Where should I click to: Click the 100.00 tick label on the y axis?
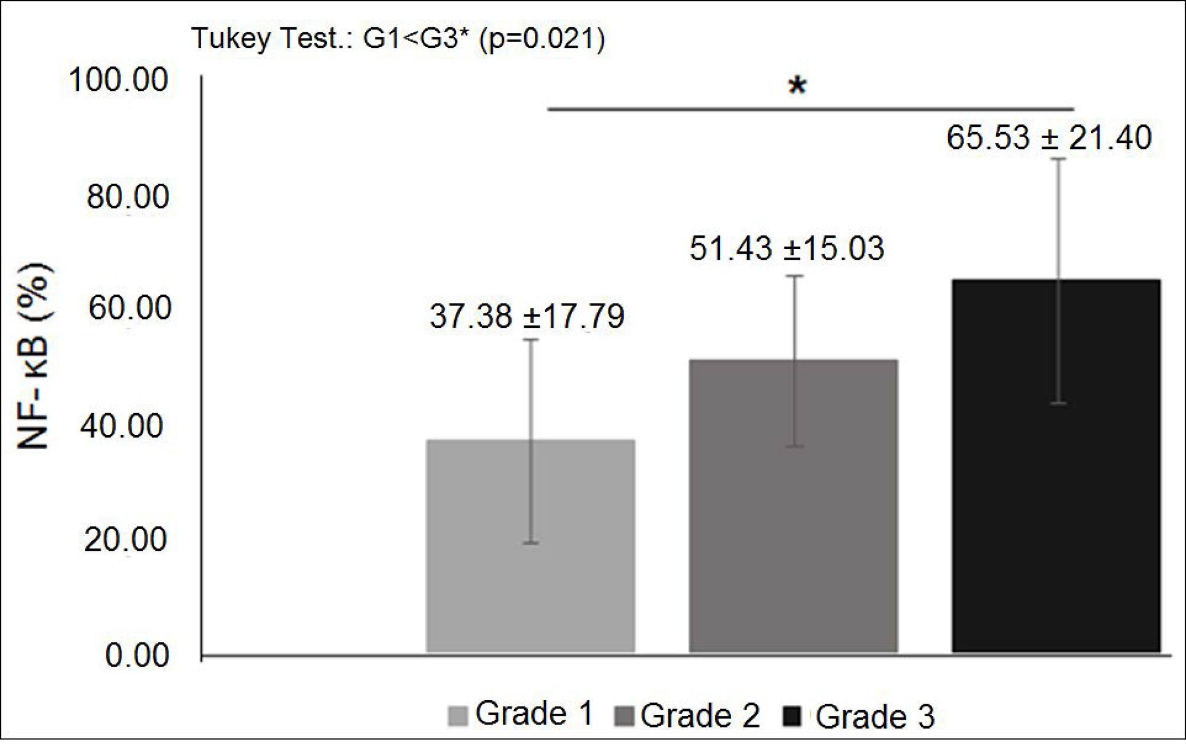point(119,79)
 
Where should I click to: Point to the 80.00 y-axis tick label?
point(127,197)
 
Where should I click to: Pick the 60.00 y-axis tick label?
point(130,308)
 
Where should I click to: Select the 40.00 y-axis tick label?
point(122,426)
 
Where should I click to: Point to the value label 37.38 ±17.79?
point(527,316)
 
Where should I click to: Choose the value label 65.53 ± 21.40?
point(1049,138)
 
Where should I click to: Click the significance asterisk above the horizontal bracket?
point(797,87)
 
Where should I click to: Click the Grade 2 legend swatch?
point(626,716)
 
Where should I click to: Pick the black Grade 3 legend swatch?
point(792,716)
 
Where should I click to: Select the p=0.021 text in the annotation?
point(542,39)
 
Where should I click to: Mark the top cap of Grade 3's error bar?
point(1058,159)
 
